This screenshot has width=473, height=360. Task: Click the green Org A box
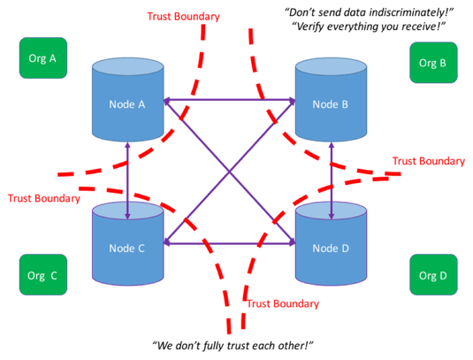coord(43,59)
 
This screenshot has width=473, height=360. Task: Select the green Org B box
coord(433,63)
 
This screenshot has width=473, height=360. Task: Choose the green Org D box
coord(433,275)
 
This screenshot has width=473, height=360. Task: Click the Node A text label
coord(127,104)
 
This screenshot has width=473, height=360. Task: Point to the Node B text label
coord(331,104)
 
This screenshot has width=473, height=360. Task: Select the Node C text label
coord(127,248)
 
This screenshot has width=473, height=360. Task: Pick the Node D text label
coord(331,248)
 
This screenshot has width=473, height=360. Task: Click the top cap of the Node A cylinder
coord(127,67)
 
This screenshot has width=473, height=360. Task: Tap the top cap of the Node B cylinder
coord(331,67)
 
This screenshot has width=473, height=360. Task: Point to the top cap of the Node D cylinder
coord(331,212)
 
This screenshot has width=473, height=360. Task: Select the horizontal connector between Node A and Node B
coord(229,97)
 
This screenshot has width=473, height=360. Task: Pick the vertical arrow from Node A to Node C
coord(128,177)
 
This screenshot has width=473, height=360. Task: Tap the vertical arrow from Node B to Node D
coord(332,177)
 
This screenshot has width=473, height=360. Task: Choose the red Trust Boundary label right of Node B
coord(429,162)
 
